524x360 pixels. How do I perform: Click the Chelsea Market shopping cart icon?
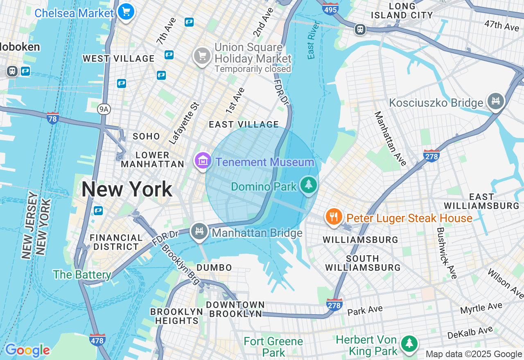126,12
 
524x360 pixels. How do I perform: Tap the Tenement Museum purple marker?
203,161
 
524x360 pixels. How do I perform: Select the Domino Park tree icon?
309,185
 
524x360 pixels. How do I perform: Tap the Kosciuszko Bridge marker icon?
496,101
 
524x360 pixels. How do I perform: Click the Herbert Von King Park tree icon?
409,344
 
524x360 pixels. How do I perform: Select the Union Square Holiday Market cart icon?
202,56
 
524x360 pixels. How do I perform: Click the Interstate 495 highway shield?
330,8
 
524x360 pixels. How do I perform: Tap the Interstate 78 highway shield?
53,118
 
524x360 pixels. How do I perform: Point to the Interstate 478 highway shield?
97,340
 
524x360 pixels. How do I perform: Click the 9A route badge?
104,109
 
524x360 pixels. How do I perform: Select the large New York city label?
127,189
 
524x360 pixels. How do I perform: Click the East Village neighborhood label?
244,124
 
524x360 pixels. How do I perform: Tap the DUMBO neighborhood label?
214,268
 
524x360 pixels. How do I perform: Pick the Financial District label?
116,242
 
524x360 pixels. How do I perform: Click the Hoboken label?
20,47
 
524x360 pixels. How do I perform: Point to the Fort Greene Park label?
273,346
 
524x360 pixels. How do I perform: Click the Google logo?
27,350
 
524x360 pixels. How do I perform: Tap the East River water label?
312,45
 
